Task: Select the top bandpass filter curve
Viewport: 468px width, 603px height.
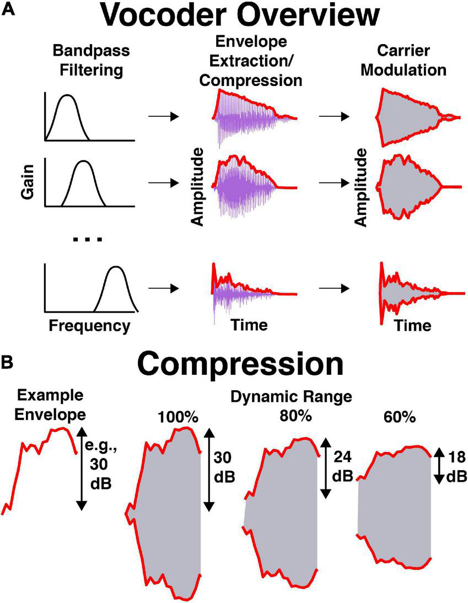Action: coord(68,113)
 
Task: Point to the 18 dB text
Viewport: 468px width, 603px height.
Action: coord(454,467)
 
